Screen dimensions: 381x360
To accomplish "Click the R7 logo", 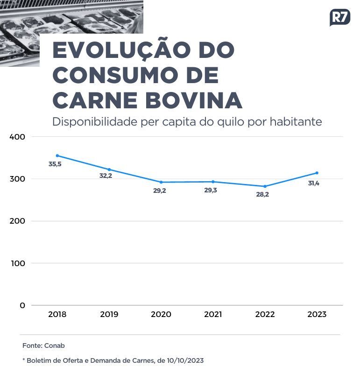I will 339,17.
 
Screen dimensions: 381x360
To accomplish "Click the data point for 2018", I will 57,155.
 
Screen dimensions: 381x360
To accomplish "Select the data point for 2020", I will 161,182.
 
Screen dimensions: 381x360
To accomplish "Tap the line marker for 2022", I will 265,186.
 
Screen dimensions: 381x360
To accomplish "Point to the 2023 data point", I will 317,173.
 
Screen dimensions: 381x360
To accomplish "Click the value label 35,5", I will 55,164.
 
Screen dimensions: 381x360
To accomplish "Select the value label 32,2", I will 106,176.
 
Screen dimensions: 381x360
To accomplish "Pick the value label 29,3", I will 211,190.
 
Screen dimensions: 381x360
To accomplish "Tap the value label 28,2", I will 262,195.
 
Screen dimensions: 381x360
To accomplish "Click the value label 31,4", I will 313,183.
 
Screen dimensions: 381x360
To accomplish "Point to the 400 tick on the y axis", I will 17,137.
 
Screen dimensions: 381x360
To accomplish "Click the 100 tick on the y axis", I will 18,263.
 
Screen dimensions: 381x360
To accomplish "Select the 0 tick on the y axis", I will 22,305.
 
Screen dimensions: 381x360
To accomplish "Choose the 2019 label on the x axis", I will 109,314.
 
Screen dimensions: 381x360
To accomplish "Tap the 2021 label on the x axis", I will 213,314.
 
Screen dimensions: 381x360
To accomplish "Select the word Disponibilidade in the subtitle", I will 95,122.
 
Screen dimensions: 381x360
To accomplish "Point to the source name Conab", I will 55,346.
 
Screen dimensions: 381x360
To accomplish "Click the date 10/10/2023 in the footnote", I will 184,360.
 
